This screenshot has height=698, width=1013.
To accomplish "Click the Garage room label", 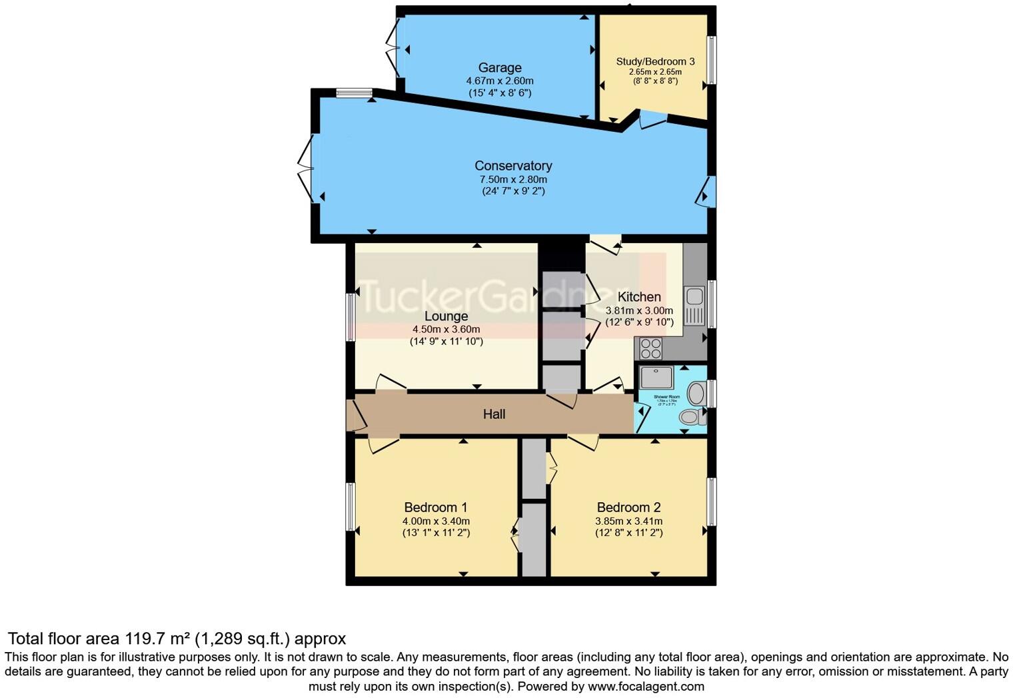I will [499, 67].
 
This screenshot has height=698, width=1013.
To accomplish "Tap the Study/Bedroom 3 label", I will [654, 61].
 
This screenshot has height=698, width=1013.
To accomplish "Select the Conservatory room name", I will [512, 166].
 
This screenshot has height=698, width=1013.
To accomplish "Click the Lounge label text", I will [446, 316].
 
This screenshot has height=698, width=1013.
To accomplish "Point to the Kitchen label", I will [638, 297].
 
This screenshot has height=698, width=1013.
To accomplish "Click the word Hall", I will [494, 414].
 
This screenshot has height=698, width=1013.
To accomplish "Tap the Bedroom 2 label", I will [628, 508].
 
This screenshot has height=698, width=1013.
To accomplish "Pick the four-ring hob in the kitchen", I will [650, 348].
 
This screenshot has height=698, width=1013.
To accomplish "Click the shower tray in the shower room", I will [656, 378].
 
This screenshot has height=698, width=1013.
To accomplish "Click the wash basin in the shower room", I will [696, 393].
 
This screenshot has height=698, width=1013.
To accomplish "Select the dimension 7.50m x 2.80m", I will [512, 179].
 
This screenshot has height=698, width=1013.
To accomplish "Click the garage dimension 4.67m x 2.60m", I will [499, 81].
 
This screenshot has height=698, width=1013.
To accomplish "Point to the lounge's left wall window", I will [350, 317].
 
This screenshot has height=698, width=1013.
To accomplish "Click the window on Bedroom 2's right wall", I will [711, 502].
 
